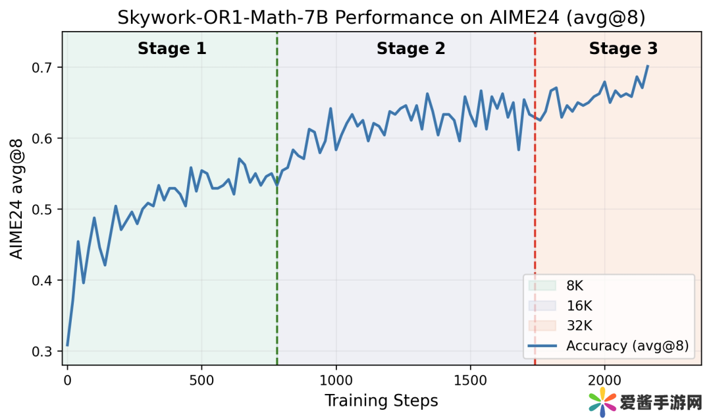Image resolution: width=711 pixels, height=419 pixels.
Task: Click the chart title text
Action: pyautogui.click(x=381, y=18)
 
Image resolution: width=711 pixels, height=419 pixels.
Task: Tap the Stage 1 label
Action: pyautogui.click(x=172, y=49)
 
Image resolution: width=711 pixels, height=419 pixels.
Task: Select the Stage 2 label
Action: pyautogui.click(x=411, y=49)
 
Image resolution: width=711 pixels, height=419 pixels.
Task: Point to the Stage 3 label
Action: pyautogui.click(x=623, y=49)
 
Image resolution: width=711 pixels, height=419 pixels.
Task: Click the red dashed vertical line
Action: pyautogui.click(x=535, y=198)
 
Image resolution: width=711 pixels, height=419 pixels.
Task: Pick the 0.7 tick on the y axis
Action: pyautogui.click(x=43, y=68)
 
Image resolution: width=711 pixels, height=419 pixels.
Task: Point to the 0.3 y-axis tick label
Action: pyautogui.click(x=43, y=352)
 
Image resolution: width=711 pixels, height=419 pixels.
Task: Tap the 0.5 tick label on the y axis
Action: pyautogui.click(x=43, y=209)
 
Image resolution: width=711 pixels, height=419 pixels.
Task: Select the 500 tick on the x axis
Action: pyautogui.click(x=201, y=380)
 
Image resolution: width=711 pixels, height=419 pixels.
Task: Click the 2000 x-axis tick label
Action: pyautogui.click(x=604, y=380)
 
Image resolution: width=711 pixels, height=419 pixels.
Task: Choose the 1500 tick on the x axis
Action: pyautogui.click(x=470, y=380)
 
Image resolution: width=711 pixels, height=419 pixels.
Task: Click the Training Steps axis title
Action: pyautogui.click(x=381, y=400)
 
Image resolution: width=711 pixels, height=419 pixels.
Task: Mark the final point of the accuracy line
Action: pyautogui.click(x=648, y=66)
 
